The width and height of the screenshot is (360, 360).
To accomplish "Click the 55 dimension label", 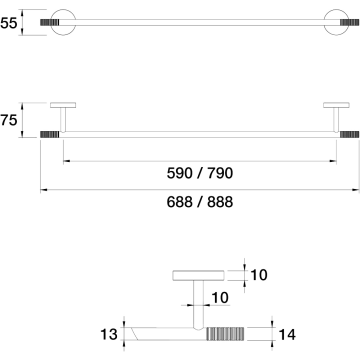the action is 8,23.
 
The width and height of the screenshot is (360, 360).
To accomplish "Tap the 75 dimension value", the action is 8,120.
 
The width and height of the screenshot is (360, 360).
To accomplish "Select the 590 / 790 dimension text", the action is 200,173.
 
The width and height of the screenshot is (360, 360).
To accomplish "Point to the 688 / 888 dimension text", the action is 200,202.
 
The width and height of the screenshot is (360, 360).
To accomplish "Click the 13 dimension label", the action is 109,334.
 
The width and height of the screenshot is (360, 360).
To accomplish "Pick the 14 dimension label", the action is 287,334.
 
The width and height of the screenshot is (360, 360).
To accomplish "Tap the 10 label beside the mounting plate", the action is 259,275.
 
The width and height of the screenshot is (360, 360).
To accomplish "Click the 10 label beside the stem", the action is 220,298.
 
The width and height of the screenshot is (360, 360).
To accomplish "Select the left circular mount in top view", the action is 63,22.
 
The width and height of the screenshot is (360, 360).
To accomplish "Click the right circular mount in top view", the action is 337,22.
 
